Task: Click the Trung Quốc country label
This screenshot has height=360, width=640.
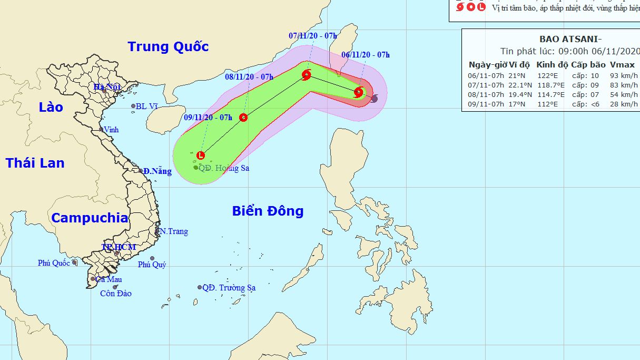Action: pyautogui.click(x=168, y=47)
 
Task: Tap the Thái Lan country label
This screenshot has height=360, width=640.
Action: pyautogui.click(x=35, y=163)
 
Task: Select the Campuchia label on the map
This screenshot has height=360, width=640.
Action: pyautogui.click(x=90, y=218)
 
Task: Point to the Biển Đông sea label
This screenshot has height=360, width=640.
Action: pyautogui.click(x=268, y=211)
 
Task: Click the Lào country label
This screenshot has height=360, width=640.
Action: pyautogui.click(x=51, y=108)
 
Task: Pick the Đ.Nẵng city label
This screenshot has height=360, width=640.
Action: pyautogui.click(x=157, y=171)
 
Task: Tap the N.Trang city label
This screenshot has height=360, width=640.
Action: pyautogui.click(x=174, y=231)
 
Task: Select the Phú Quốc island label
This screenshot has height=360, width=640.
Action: pyautogui.click(x=54, y=263)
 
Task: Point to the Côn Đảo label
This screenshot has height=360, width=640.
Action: pyautogui.click(x=116, y=294)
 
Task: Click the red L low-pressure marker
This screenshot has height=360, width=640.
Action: pyautogui.click(x=200, y=155)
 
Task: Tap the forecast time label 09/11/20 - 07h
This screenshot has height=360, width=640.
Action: pyautogui.click(x=208, y=118)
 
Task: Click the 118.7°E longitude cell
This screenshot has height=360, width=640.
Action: pyautogui.click(x=551, y=85)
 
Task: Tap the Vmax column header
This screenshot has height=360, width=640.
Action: pyautogui.click(x=622, y=65)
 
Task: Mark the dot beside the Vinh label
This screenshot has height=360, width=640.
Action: pyautogui.click(x=101, y=129)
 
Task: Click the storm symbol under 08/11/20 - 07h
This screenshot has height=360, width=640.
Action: pyautogui.click(x=243, y=118)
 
